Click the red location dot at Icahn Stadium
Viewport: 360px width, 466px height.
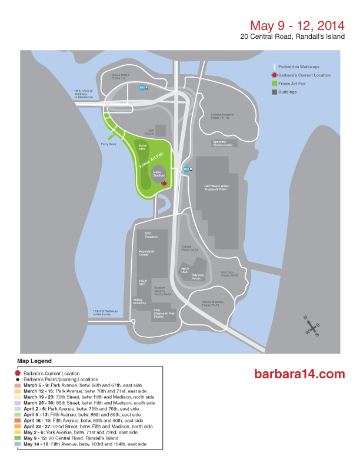tap(164, 184)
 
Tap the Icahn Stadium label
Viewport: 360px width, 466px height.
tap(157, 174)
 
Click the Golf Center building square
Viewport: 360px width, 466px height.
tap(160, 130)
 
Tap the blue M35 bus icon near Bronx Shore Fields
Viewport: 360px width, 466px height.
tap(142, 88)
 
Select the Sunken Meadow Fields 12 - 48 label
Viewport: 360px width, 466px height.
tap(222, 116)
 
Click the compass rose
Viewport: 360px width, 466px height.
tap(311, 325)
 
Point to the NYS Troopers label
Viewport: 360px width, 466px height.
tap(152, 235)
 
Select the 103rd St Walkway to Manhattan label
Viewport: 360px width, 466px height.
tap(105, 312)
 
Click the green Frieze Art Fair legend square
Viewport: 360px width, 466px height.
tap(274, 84)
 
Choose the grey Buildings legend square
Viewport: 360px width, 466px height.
tap(274, 92)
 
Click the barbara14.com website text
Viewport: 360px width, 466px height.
tap(299, 374)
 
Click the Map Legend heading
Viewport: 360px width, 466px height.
tap(34, 360)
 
